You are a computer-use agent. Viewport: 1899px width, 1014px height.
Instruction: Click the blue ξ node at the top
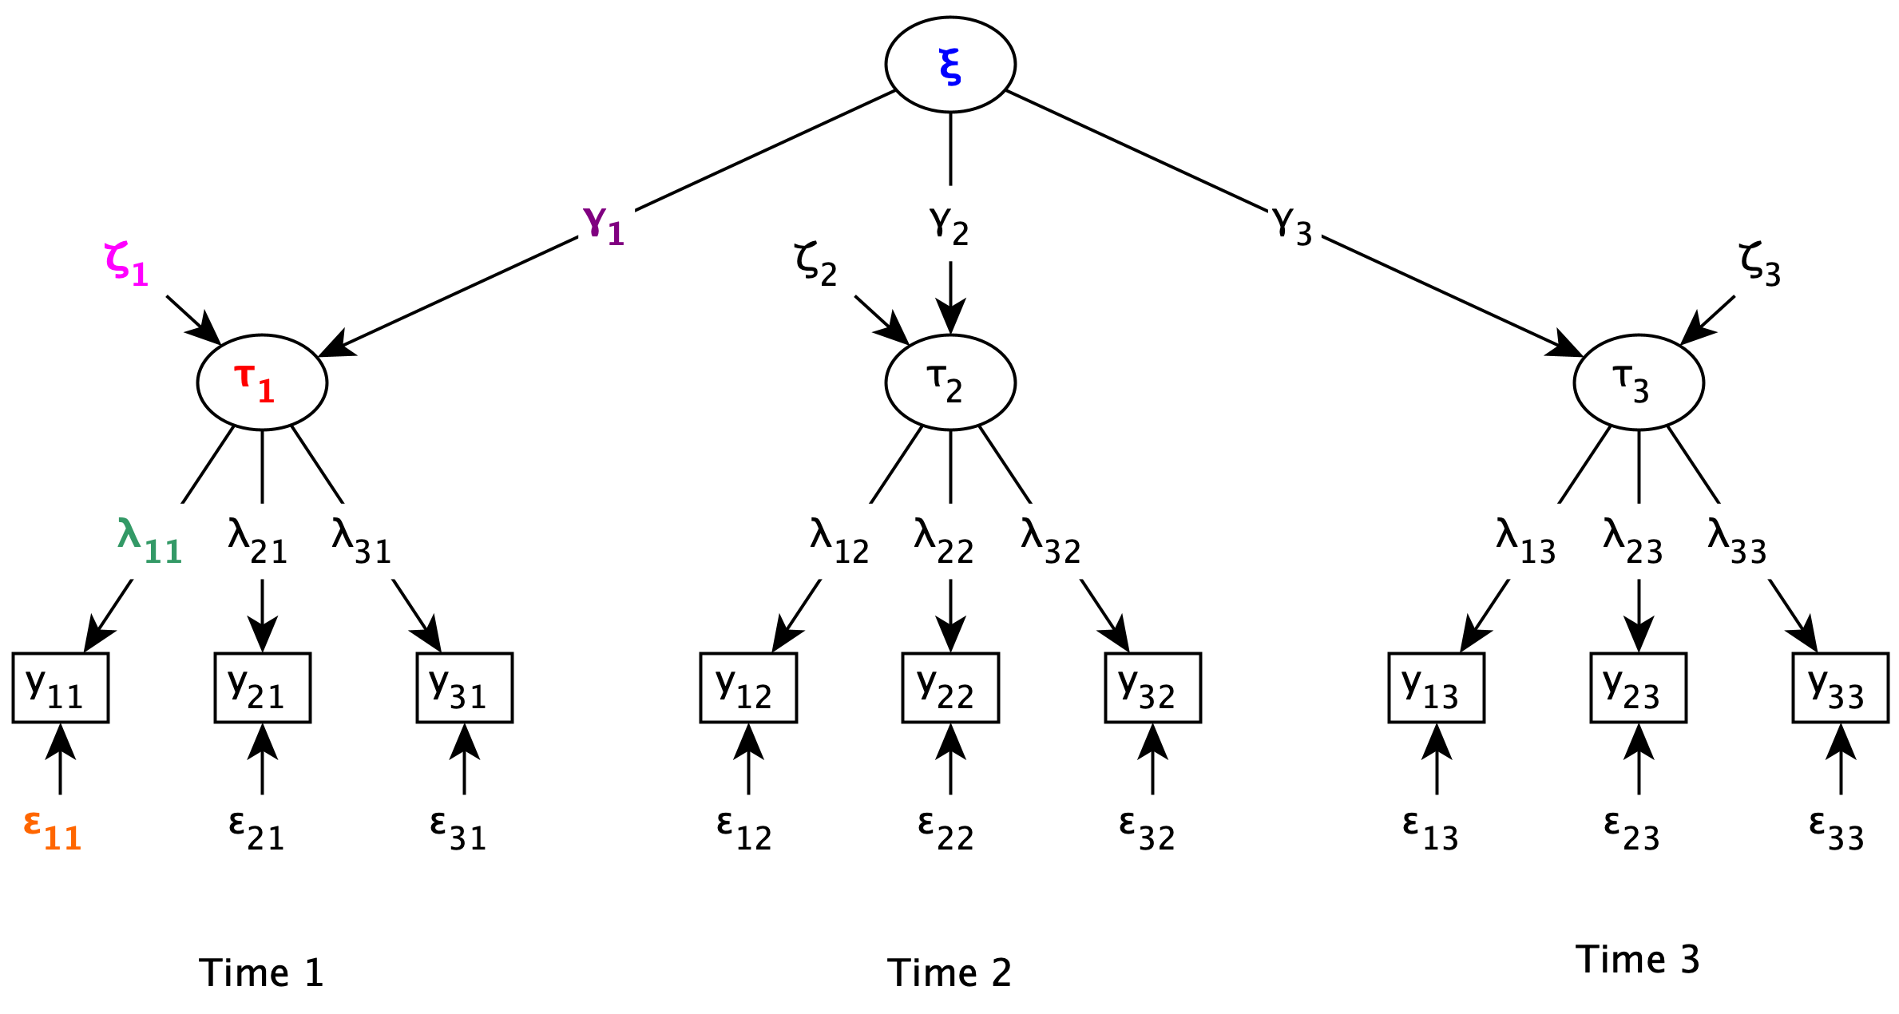point(949,65)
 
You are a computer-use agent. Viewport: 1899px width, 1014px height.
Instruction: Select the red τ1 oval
point(262,382)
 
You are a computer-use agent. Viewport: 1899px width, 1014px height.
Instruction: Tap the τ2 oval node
point(949,382)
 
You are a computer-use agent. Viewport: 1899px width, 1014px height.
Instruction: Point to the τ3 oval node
point(1638,382)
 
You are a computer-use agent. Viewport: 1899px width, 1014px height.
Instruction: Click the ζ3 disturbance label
point(1759,264)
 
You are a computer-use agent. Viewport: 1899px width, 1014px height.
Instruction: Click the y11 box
point(61,687)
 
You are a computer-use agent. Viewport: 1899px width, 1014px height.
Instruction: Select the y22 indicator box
point(949,687)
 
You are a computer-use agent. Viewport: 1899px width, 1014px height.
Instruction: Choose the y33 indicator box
point(1840,687)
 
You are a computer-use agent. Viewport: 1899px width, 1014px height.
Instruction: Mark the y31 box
point(464,687)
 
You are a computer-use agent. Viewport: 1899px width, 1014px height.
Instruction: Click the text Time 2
point(949,973)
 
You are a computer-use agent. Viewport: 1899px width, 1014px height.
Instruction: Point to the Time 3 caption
point(1637,959)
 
